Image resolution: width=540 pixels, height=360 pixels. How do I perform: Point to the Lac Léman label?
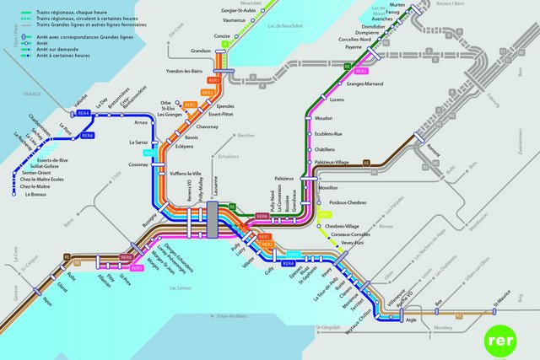coord(181,288)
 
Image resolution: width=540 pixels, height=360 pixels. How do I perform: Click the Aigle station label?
coord(412,321)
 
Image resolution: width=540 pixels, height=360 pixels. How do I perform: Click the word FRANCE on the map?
coord(32,93)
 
